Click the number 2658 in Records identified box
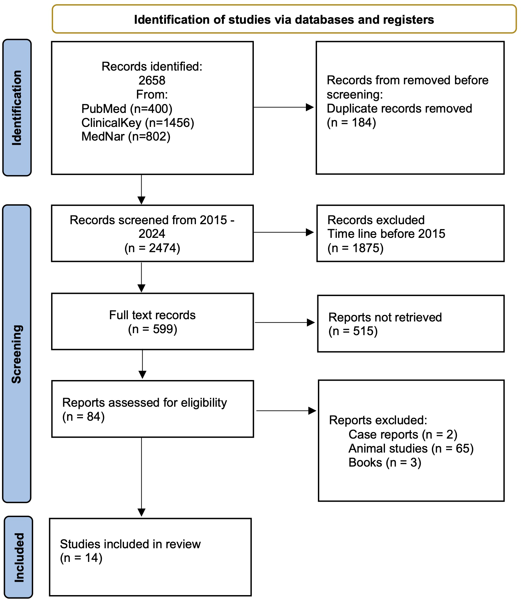click(x=152, y=80)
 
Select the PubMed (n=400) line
click(x=127, y=108)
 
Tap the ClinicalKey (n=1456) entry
click(x=138, y=123)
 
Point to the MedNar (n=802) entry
click(x=126, y=136)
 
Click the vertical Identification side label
click(x=17, y=108)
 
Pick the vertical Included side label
click(x=19, y=557)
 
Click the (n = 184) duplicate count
click(x=351, y=122)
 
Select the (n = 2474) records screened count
click(x=152, y=248)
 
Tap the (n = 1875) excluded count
click(x=355, y=248)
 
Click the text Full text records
click(x=152, y=315)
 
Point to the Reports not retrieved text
click(x=385, y=317)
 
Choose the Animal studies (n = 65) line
click(x=411, y=448)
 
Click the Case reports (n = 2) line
click(x=403, y=434)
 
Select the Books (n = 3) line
click(x=385, y=462)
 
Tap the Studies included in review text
click(x=130, y=544)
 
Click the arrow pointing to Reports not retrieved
click(x=284, y=322)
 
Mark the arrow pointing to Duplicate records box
click(x=283, y=107)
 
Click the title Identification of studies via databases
click(x=284, y=20)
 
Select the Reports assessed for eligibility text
click(x=144, y=402)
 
